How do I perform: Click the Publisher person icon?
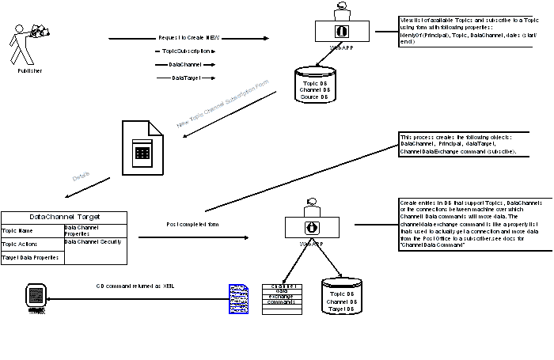tap(28, 43)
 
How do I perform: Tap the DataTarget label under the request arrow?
tap(186, 78)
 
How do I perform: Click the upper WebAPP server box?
tap(343, 31)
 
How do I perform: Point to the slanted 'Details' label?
tap(81, 179)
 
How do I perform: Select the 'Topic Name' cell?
tap(32, 231)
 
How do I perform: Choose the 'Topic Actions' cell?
tap(32, 244)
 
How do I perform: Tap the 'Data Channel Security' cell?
tap(95, 241)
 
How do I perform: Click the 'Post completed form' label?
tap(192, 225)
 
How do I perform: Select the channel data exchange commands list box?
tap(283, 299)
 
